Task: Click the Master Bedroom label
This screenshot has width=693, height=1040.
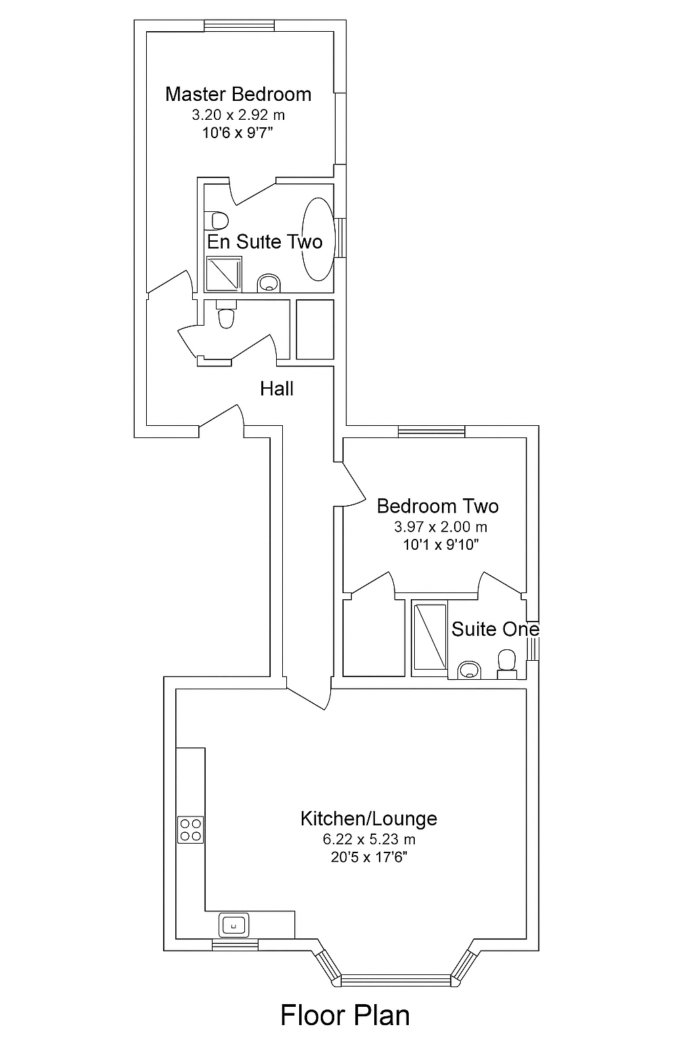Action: (x=238, y=94)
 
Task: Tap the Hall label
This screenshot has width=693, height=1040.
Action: (x=277, y=389)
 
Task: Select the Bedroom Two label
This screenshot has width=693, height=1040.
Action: (x=437, y=506)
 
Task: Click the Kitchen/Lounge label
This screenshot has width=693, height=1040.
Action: (x=369, y=819)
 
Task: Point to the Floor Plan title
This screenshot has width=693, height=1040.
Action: (x=345, y=1016)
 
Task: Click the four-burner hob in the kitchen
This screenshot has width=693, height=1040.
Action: (x=191, y=830)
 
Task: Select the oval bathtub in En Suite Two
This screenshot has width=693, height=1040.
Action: (x=317, y=238)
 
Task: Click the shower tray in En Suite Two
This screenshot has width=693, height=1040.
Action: (x=223, y=272)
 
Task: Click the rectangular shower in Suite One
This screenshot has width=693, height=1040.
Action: (x=430, y=637)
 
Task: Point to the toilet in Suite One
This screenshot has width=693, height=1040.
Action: (x=506, y=662)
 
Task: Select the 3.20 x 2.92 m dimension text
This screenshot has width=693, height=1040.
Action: (x=238, y=115)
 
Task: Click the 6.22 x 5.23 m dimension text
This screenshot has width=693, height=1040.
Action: (x=369, y=840)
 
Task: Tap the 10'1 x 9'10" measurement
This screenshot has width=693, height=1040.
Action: (x=441, y=544)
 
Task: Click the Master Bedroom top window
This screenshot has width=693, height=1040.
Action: (x=240, y=26)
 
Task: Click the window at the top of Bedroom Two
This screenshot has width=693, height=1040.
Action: (x=431, y=431)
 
